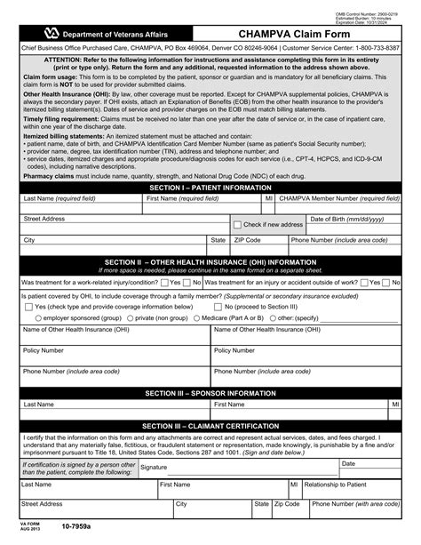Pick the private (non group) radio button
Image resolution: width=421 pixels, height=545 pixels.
(129, 317)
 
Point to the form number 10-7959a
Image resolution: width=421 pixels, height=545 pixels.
(76, 535)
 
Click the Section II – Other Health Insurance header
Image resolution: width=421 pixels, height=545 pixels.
(210, 262)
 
